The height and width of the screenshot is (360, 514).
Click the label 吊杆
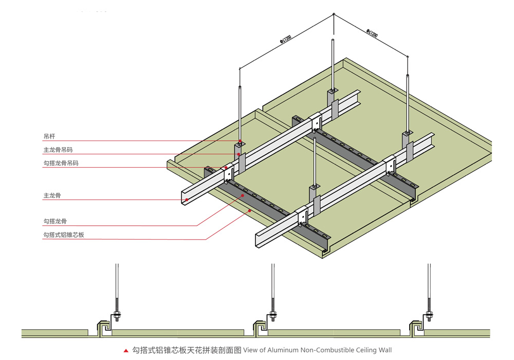[49, 137]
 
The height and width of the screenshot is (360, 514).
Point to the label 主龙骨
[51, 196]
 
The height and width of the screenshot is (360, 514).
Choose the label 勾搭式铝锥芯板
[63, 235]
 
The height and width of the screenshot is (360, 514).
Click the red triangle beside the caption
[126, 351]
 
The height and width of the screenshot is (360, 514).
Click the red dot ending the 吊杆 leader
[240, 141]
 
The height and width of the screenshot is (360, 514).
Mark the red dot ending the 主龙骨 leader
[187, 200]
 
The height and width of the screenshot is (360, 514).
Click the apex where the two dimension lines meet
[334, 16]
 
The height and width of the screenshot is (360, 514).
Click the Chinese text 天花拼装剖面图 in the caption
[216, 350]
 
